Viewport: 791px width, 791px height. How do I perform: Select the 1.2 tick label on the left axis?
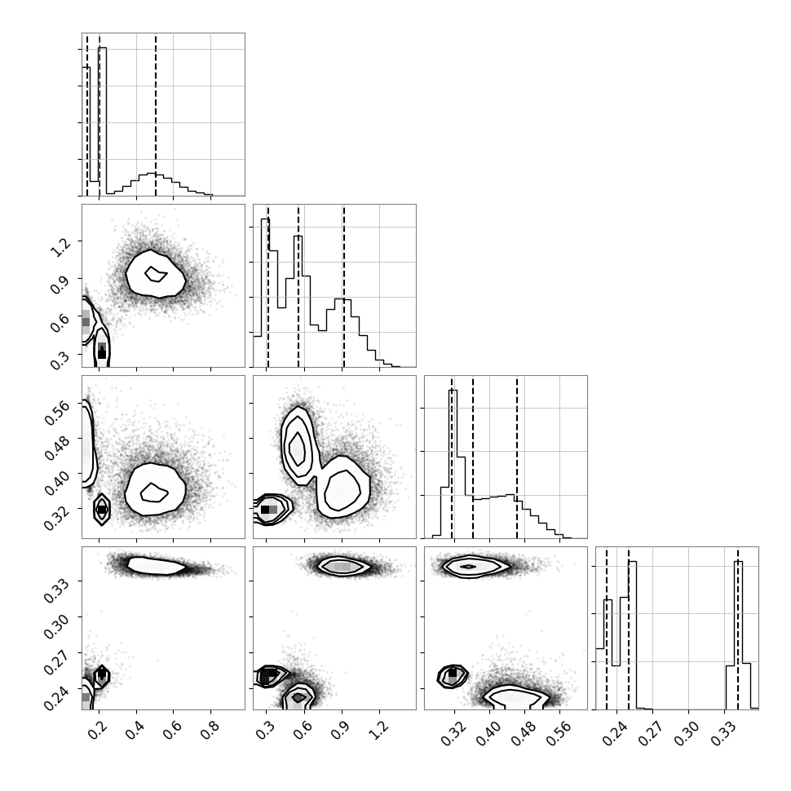[61, 247]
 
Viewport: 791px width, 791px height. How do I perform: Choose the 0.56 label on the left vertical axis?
[57, 413]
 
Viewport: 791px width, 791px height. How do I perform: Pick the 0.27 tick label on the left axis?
[57, 662]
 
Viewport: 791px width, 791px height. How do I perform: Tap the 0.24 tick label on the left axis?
[57, 697]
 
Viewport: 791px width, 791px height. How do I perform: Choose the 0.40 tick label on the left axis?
[57, 483]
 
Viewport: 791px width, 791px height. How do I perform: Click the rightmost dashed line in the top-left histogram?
[156, 114]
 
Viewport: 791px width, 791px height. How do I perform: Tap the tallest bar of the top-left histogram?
[103, 122]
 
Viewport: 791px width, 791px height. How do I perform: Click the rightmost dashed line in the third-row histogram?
[517, 457]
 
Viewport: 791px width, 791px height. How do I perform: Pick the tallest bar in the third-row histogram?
[453, 464]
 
